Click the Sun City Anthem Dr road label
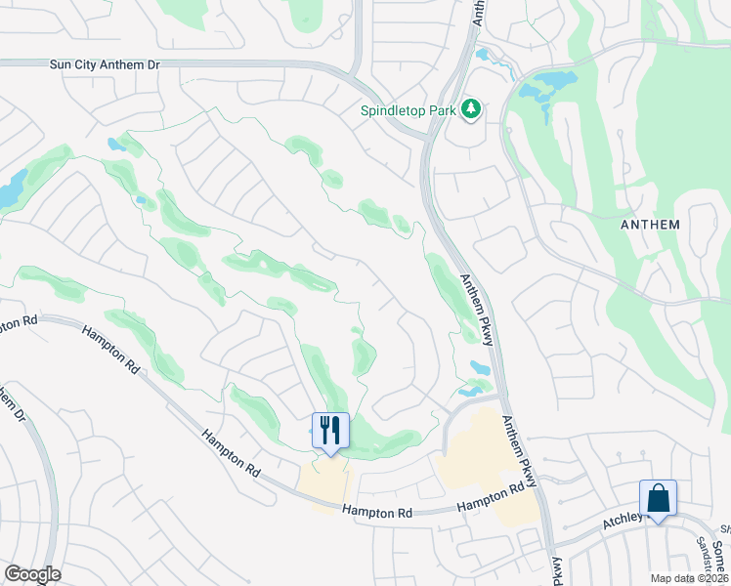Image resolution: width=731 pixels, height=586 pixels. (x=104, y=63)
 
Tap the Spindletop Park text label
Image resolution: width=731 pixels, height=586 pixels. (x=408, y=110)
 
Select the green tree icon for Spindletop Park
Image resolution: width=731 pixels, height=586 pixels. (x=472, y=108)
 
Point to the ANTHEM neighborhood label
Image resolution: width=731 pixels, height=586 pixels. (x=650, y=224)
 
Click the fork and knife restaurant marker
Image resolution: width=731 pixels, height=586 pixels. (x=329, y=431)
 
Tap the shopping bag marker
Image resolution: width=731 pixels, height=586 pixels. (x=658, y=498)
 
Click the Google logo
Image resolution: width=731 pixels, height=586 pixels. (x=32, y=574)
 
